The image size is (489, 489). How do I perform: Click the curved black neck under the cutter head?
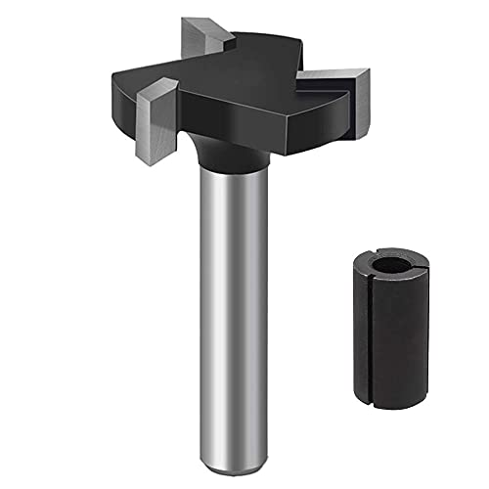click(x=234, y=151)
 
